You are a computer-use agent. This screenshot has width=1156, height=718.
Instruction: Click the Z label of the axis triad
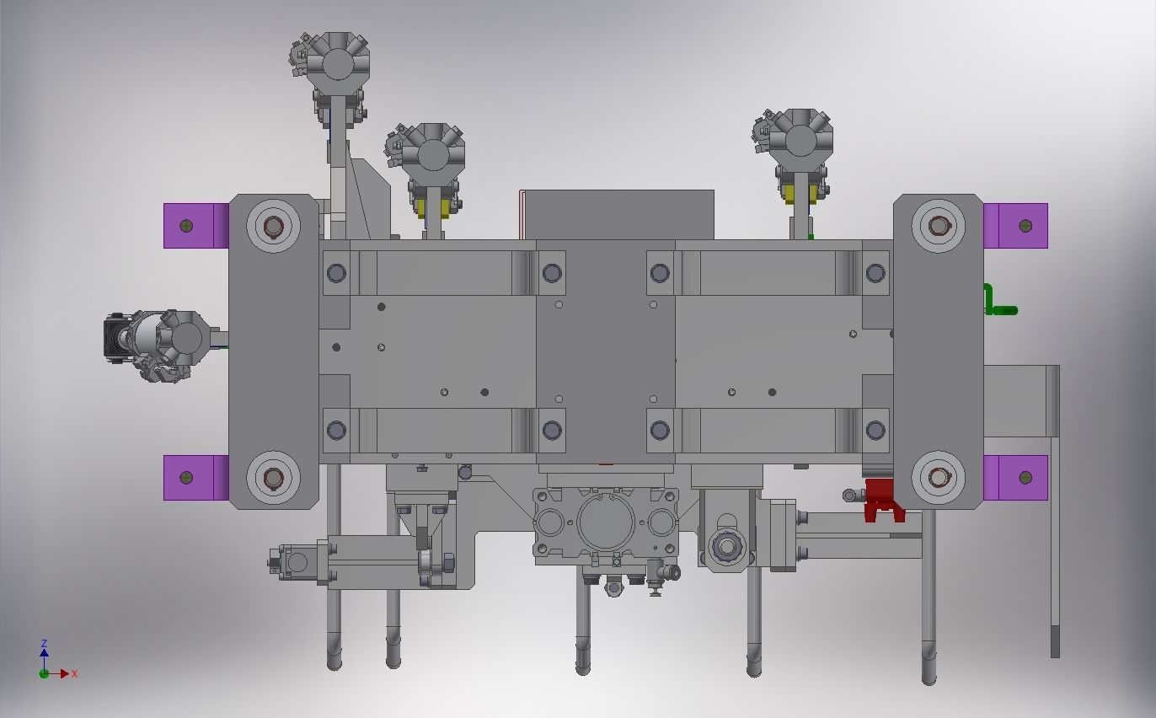pyautogui.click(x=44, y=644)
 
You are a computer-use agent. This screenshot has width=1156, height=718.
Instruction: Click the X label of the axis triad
pyautogui.click(x=75, y=674)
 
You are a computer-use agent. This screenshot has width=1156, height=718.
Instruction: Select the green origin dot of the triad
pyautogui.click(x=44, y=673)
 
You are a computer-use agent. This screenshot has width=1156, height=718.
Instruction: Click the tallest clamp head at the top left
pyautogui.click(x=337, y=64)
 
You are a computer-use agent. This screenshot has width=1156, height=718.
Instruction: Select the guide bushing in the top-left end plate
pyautogui.click(x=273, y=227)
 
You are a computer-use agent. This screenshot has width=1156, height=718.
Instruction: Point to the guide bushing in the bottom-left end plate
pyautogui.click(x=273, y=479)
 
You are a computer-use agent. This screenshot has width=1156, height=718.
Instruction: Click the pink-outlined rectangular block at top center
pyautogui.click(x=617, y=215)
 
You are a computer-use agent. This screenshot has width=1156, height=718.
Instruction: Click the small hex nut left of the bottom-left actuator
pyautogui.click(x=275, y=561)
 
